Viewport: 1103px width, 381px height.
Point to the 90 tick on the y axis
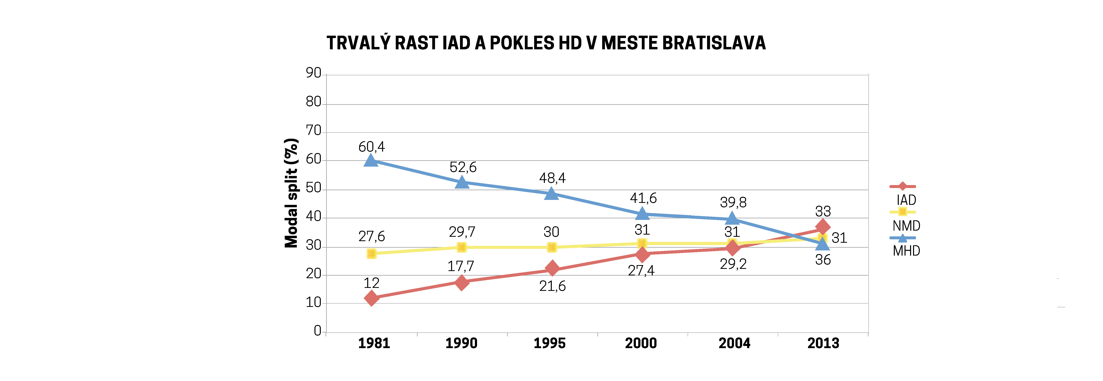click(x=313, y=73)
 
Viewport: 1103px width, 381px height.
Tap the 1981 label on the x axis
click(x=374, y=343)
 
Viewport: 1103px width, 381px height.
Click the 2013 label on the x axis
click(x=823, y=343)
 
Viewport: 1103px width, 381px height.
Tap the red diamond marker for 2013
click(x=822, y=227)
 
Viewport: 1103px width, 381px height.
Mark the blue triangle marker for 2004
click(x=732, y=219)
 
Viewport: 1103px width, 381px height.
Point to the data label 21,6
click(x=552, y=286)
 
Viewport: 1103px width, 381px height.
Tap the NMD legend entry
click(x=906, y=226)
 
